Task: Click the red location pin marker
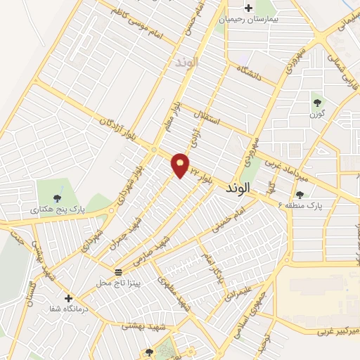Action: (181, 165)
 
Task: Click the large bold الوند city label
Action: (238, 189)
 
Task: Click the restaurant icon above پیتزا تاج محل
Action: (118, 271)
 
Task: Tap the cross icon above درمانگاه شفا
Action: (68, 298)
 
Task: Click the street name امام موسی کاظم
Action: (137, 27)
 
